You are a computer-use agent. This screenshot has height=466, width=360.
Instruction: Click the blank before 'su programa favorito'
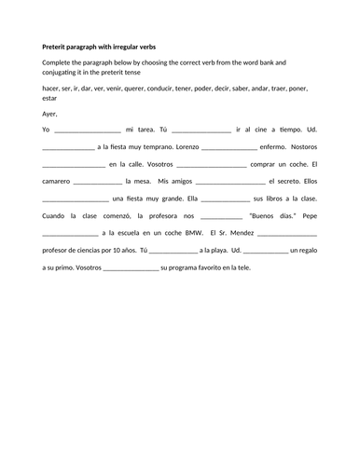(x=131, y=267)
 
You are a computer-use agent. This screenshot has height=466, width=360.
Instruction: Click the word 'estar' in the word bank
(x=50, y=96)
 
